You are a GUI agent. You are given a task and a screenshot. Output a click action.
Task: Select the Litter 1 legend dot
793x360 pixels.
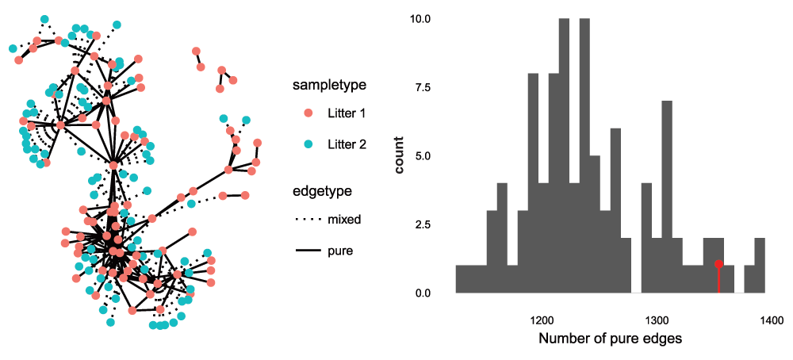pyautogui.click(x=309, y=114)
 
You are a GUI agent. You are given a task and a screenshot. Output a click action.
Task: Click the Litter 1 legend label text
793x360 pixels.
pyautogui.click(x=347, y=114)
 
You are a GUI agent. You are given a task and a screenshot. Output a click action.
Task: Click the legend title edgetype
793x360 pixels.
pyautogui.click(x=322, y=191)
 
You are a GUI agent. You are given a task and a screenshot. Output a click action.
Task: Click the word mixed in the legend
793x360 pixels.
pyautogui.click(x=344, y=220)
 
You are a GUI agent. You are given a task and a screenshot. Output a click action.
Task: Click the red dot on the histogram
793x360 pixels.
pyautogui.click(x=718, y=264)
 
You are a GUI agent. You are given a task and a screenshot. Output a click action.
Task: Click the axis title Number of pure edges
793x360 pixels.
pyautogui.click(x=610, y=340)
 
